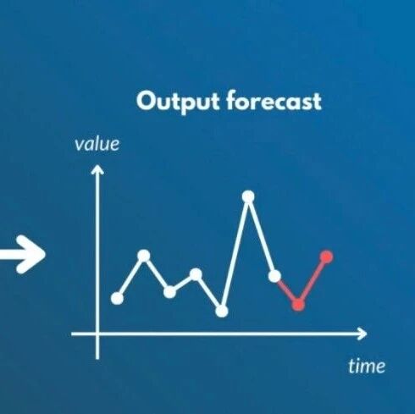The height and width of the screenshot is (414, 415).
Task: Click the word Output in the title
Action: [x=178, y=102]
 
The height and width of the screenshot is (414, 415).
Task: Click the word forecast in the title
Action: [x=274, y=101]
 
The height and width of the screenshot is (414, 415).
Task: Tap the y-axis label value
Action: [x=97, y=144]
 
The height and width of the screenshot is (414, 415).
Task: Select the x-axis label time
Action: [x=367, y=366]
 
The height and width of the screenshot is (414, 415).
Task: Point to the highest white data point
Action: [x=248, y=196]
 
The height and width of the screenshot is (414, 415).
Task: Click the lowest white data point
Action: [x=222, y=312]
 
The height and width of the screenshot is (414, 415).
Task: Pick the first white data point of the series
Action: [x=117, y=298]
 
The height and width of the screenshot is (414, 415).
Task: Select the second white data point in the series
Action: [x=144, y=256]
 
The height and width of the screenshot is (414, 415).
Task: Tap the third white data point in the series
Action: [x=169, y=292]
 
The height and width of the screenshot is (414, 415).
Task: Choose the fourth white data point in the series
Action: [x=196, y=274]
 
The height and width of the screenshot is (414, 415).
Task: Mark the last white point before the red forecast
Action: [x=274, y=276]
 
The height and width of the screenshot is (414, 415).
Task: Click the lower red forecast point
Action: [x=298, y=304]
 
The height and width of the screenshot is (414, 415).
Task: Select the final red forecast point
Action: [x=327, y=257]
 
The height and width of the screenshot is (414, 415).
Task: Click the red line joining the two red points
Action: [x=313, y=280]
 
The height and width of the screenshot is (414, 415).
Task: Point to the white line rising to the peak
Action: [x=235, y=254]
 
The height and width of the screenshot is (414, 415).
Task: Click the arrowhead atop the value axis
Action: [x=97, y=168]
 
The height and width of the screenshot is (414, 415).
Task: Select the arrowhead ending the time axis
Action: [x=362, y=334]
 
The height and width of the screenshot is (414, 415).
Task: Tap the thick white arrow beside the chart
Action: [x=23, y=255]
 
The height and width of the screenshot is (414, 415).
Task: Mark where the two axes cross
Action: [x=97, y=334]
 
